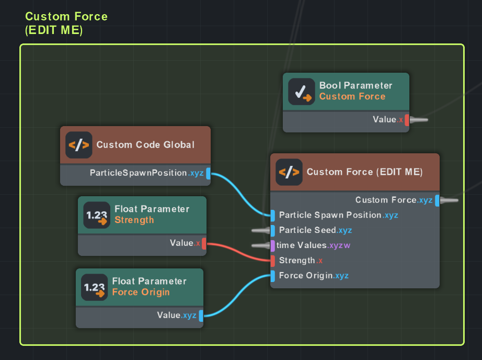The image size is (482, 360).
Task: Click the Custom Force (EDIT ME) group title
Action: coord(66,23)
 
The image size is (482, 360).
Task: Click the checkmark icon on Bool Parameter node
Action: coord(300,92)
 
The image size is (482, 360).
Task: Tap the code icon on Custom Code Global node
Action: coord(78,145)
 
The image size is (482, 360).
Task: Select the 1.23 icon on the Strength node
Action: coord(96,215)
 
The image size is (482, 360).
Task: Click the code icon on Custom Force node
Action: coord(289,172)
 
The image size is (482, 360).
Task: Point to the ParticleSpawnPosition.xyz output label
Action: coord(147,173)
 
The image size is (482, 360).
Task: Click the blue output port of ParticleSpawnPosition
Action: coord(208,173)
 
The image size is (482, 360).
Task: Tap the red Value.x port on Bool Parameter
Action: coord(407,120)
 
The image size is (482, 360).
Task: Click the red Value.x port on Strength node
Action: coord(204,243)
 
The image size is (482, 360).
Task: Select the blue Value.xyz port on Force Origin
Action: coord(201,316)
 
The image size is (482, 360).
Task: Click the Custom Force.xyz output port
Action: coord(437,200)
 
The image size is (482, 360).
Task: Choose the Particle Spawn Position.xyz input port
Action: coord(272,215)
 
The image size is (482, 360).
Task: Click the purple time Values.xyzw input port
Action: coord(272,245)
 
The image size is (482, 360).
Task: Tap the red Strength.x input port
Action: coord(272,261)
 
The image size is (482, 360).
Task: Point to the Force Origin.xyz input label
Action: coord(314,276)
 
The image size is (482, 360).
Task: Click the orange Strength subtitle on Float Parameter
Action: coord(134,220)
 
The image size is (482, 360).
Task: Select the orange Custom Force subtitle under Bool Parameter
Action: coord(352,96)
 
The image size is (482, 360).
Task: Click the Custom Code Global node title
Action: coord(145,145)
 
